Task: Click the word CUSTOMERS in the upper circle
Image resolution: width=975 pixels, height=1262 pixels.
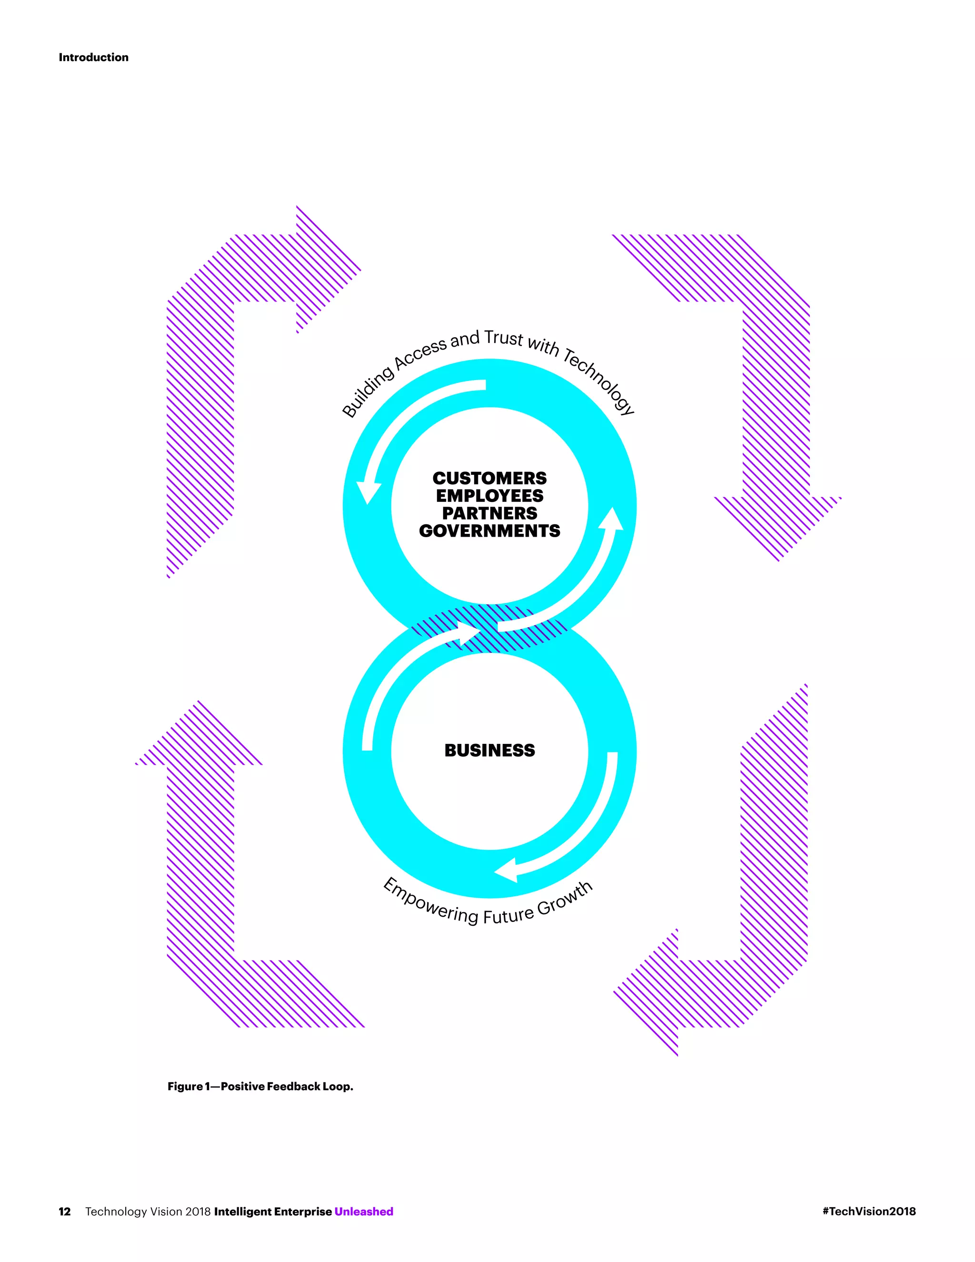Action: click(489, 479)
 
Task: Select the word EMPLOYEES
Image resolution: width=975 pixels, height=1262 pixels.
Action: click(489, 496)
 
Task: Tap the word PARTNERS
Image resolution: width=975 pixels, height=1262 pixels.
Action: click(489, 513)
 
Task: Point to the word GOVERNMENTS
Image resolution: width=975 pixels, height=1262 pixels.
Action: click(489, 531)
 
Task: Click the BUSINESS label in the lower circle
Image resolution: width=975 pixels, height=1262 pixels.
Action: click(489, 750)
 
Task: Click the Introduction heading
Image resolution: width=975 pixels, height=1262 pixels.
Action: click(94, 57)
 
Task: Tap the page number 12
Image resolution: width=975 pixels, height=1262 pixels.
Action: click(65, 1211)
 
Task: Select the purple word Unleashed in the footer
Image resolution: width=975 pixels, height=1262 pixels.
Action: click(364, 1211)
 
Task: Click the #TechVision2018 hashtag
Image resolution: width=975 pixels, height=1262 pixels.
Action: click(869, 1211)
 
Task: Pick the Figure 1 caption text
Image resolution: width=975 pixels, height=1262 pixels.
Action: click(260, 1086)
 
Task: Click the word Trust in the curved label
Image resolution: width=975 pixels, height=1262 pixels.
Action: click(503, 338)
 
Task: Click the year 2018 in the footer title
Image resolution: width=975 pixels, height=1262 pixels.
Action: click(198, 1211)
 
